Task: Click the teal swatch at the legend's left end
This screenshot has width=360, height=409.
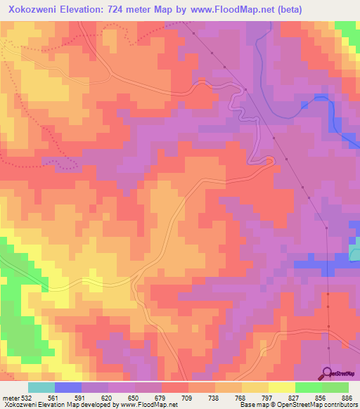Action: click(41, 387)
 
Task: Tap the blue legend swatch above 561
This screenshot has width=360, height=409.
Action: click(67, 387)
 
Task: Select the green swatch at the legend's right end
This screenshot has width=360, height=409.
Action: click(335, 387)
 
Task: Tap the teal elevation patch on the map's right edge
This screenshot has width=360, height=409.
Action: click(354, 248)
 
